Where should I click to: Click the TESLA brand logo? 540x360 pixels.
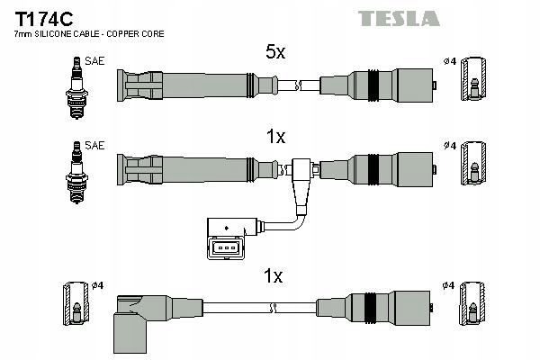click(399, 18)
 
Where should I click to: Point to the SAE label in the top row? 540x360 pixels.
click(94, 61)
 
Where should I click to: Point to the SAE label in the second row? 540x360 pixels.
click(94, 144)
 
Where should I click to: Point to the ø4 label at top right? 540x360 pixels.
click(449, 61)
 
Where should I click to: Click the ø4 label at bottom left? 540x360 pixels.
click(98, 285)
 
